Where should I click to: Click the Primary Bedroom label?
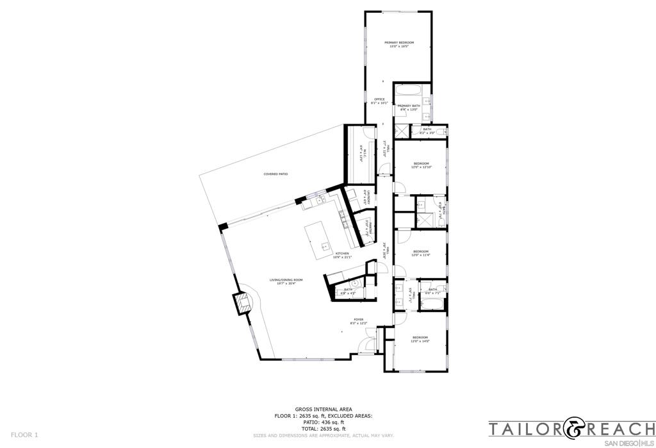399,44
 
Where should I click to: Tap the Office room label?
379,101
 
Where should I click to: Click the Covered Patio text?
275,174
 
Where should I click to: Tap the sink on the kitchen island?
325,245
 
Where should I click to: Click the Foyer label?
358,320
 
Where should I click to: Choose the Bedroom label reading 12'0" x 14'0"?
420,339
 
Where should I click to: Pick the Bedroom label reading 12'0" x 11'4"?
420,253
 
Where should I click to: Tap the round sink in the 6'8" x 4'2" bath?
354,282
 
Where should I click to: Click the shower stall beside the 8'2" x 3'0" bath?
401,131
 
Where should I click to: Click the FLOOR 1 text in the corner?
24,435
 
